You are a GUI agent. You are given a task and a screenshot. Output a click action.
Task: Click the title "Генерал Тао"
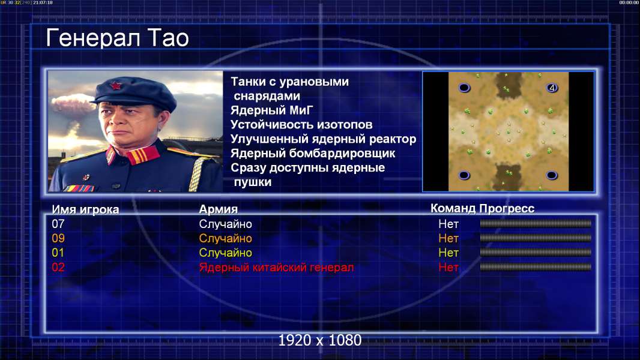117,38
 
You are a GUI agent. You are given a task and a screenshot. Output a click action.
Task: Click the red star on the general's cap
116,86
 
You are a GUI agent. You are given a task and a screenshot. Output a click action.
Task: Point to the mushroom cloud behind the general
73,110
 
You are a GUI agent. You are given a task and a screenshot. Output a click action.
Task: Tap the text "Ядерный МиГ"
272,110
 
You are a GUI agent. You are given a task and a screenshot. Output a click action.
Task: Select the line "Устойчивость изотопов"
301,125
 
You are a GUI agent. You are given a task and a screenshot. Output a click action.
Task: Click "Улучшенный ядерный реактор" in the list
323,139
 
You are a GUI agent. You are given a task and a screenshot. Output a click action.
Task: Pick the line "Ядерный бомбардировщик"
313,153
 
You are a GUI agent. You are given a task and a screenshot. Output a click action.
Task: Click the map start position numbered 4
552,88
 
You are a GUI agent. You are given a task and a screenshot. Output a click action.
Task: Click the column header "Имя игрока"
85,209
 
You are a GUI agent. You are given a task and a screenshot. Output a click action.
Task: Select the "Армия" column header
219,209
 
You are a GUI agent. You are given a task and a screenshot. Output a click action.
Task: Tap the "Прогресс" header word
507,208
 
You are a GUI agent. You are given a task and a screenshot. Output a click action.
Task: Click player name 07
58,224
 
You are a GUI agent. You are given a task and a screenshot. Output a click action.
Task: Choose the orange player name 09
58,238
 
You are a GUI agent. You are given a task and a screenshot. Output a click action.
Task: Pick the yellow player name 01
58,253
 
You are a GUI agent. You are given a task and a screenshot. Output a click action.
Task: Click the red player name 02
58,268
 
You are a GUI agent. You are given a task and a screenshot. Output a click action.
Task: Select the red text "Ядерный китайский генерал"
276,268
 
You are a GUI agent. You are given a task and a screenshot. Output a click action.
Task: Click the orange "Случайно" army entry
225,239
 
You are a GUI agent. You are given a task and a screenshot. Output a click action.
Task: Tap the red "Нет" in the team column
448,268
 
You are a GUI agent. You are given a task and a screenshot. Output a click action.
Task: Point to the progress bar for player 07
536,223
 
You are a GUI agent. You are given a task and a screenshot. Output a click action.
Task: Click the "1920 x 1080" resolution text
320,340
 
